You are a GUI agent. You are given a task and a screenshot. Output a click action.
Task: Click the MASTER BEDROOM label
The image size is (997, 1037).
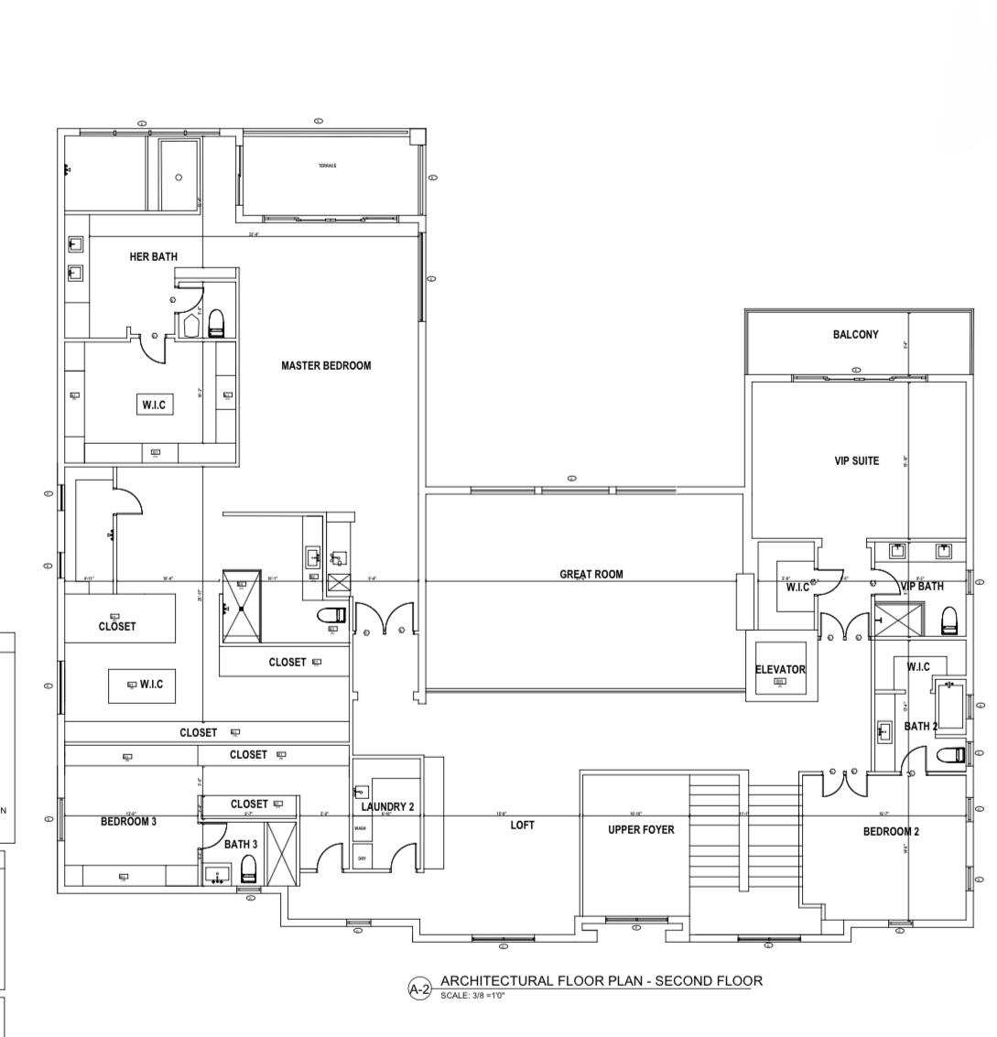pyautogui.click(x=326, y=366)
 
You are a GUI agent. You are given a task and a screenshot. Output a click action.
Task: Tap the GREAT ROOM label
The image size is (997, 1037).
pyautogui.click(x=591, y=575)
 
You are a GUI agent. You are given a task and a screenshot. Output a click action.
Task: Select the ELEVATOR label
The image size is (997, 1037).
pyautogui.click(x=780, y=669)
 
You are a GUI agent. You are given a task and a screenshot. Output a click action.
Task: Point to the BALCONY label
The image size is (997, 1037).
pyautogui.click(x=855, y=335)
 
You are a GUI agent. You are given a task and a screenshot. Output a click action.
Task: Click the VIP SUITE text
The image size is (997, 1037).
pyautogui.click(x=856, y=461)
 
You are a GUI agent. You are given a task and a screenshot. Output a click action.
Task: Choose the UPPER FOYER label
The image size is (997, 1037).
pyautogui.click(x=641, y=830)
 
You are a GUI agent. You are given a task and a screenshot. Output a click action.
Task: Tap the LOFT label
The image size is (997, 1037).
pyautogui.click(x=522, y=825)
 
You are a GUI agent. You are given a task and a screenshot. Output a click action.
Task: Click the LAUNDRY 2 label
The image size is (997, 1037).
pyautogui.click(x=387, y=806)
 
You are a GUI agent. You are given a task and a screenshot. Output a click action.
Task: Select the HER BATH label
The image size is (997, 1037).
pyautogui.click(x=153, y=257)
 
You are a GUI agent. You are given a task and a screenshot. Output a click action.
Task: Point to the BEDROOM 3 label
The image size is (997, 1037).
pyautogui.click(x=128, y=822)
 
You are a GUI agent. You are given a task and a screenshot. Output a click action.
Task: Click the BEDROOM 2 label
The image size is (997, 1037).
pyautogui.click(x=891, y=832)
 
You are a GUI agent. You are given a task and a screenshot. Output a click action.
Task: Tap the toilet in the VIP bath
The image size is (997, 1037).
pyautogui.click(x=948, y=620)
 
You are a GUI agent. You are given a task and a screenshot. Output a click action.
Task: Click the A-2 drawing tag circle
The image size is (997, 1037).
pyautogui.click(x=419, y=988)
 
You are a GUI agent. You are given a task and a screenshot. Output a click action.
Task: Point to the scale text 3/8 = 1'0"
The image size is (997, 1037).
pyautogui.click(x=473, y=995)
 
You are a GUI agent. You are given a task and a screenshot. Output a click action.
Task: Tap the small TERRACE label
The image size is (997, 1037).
pyautogui.click(x=327, y=166)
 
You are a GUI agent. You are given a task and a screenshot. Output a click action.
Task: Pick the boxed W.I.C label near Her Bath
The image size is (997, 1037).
pyautogui.click(x=154, y=405)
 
